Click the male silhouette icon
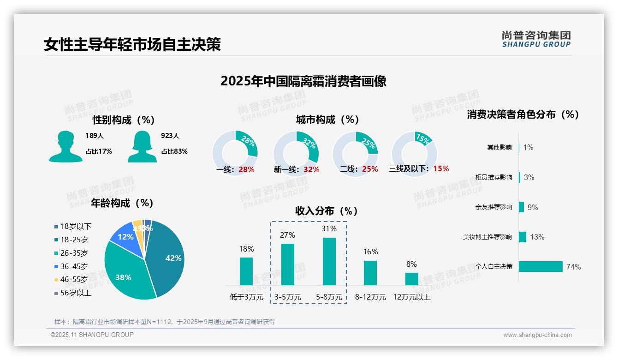tap(65, 146)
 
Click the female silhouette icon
tap(142, 146)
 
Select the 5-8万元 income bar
tap(329, 261)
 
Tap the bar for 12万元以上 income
tap(411, 279)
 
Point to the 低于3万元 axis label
tap(246, 297)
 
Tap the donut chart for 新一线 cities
tap(296, 153)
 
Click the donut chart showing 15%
tap(414, 153)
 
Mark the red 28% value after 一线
tap(246, 169)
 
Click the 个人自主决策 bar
tap(541, 266)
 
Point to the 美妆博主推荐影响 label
tap(487, 237)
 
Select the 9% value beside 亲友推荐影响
tap(533, 207)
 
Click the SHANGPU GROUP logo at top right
tap(536, 39)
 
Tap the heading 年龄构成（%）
tap(122, 203)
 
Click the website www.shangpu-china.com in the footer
tap(537, 335)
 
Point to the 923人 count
tap(170, 136)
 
